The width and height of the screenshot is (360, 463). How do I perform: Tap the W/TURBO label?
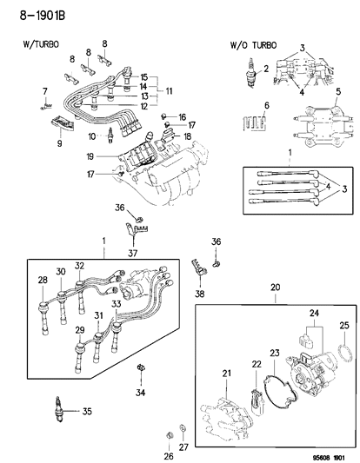pyautogui.click(x=37, y=43)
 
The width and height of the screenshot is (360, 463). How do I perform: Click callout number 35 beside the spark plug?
pyautogui.click(x=85, y=412)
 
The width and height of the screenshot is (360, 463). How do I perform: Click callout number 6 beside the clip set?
pyautogui.click(x=268, y=105)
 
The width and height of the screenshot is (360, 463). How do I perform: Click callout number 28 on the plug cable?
pyautogui.click(x=40, y=280)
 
